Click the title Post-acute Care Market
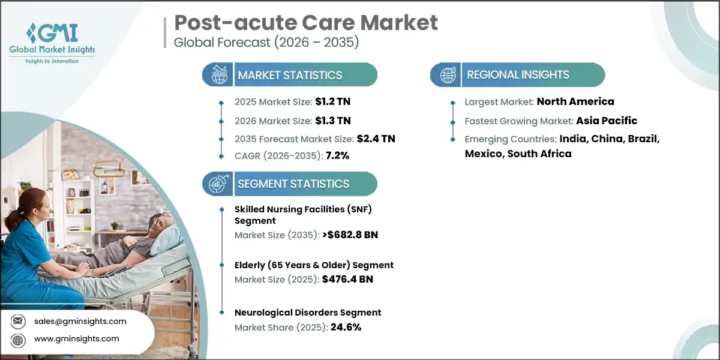click(x=306, y=23)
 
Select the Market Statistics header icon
click(x=217, y=75)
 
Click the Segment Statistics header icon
click(x=217, y=184)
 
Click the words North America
click(x=575, y=102)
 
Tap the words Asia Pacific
click(x=607, y=121)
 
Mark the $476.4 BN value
click(x=344, y=279)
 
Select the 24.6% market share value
click(x=346, y=327)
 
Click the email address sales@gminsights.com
click(x=80, y=321)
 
